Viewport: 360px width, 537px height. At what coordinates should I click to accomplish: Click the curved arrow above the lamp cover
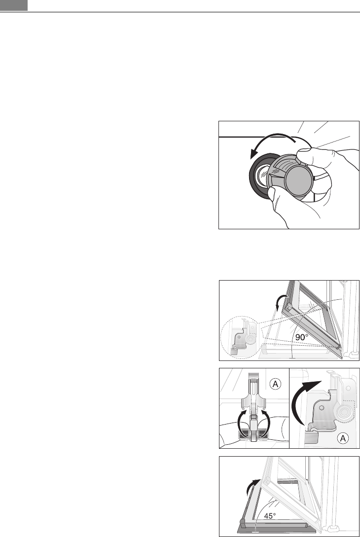click(x=271, y=140)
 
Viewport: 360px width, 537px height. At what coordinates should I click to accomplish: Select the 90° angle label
click(x=302, y=337)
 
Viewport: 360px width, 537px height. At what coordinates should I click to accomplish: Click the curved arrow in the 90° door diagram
click(x=281, y=301)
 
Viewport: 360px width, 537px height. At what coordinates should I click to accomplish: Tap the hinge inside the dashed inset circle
click(x=244, y=338)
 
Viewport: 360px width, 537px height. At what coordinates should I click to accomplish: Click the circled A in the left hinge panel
click(x=275, y=384)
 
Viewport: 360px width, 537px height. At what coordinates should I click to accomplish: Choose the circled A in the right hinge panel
click(x=343, y=438)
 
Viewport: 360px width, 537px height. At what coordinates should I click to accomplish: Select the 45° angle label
click(x=270, y=515)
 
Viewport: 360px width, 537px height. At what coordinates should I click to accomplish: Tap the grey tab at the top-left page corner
click(x=14, y=5)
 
